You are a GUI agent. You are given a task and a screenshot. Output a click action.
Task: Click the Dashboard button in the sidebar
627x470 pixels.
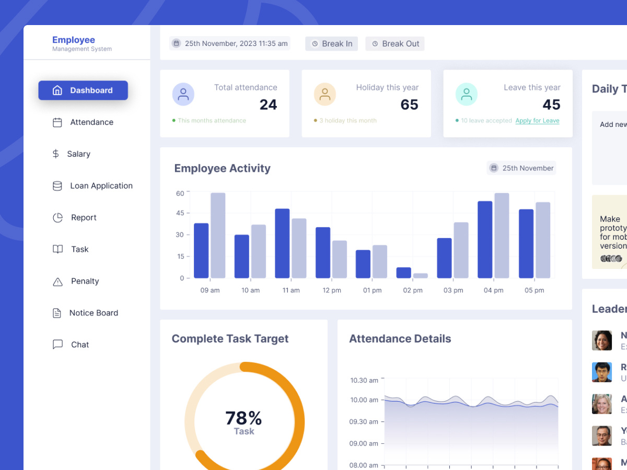click(x=83, y=90)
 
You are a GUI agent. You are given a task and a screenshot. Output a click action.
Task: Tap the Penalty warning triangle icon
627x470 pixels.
click(x=57, y=281)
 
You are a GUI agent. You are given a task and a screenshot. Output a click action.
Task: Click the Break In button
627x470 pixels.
click(x=331, y=44)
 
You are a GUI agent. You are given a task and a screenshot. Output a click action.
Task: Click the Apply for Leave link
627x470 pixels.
click(x=537, y=121)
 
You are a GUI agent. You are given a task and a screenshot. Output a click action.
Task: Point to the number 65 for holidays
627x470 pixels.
click(x=409, y=104)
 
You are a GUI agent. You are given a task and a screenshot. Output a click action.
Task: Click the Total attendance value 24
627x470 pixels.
click(x=268, y=104)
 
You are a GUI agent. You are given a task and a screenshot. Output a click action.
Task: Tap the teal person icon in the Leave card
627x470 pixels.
click(x=466, y=95)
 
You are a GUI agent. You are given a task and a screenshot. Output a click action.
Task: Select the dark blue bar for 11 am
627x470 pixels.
click(x=282, y=243)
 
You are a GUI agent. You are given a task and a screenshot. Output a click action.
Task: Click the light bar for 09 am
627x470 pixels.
click(x=218, y=235)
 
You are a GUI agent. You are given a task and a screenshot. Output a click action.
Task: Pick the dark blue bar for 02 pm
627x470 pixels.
click(x=403, y=273)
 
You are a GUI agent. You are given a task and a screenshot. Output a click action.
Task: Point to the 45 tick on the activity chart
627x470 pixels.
click(x=180, y=213)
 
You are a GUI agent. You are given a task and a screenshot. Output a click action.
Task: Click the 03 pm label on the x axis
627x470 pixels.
click(x=453, y=290)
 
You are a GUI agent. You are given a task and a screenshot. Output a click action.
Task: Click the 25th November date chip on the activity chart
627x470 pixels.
click(x=521, y=168)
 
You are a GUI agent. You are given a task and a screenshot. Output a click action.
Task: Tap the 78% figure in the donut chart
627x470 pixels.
click(x=243, y=418)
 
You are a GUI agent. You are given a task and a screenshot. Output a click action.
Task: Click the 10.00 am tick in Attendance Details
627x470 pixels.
click(x=364, y=400)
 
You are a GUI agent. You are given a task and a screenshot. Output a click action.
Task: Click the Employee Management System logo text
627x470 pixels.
click(x=82, y=44)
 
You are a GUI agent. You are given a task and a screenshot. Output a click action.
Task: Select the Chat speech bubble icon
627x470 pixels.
click(x=57, y=345)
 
